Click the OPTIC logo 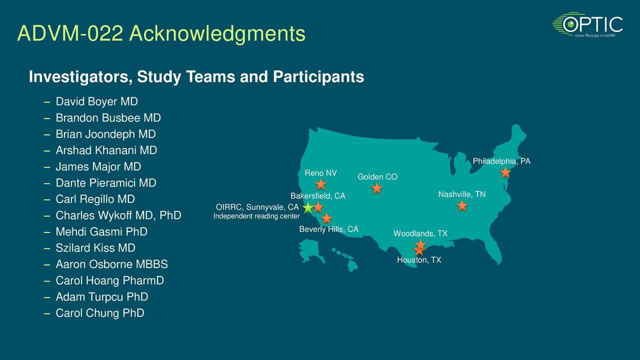(587, 25)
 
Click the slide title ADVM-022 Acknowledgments (161, 34)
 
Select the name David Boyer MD (96, 102)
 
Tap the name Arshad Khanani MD (106, 150)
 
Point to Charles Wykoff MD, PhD (118, 215)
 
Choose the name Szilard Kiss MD (95, 248)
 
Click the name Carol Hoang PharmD (109, 280)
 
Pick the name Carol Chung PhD (99, 313)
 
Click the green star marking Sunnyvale (308, 207)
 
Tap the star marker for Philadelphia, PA (505, 172)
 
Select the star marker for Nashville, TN (462, 205)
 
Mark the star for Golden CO (377, 188)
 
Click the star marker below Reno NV (321, 184)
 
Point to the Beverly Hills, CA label (328, 229)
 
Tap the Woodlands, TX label (420, 233)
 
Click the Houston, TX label (419, 260)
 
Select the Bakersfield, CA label (317, 196)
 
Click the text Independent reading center (256, 216)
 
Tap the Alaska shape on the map (310, 250)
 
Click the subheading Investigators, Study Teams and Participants (196, 77)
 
